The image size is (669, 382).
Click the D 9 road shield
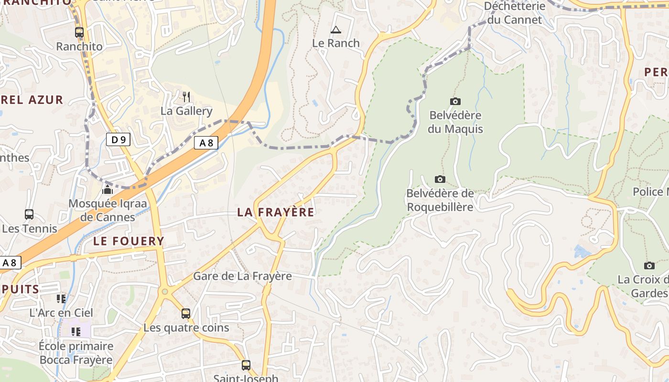(118, 139)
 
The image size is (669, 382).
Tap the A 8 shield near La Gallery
(206, 142)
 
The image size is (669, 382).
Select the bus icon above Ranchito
(79, 32)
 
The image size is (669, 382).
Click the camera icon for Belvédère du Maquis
(455, 101)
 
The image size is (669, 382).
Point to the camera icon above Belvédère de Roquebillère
(440, 179)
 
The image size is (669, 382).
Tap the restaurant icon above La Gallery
(186, 97)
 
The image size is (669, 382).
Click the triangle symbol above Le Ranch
(336, 30)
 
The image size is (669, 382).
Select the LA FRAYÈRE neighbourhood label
(276, 212)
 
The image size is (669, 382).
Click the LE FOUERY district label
(129, 241)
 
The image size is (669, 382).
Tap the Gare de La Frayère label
(242, 276)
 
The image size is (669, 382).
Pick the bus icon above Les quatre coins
(186, 314)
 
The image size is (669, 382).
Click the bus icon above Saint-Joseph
(246, 365)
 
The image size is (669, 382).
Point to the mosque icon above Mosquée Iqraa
(108, 191)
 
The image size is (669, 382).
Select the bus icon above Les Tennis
(29, 214)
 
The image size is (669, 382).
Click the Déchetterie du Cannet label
(514, 13)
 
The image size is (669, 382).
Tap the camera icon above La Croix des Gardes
(649, 265)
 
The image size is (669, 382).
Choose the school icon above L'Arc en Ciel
(61, 299)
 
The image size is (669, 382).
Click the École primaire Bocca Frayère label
(76, 353)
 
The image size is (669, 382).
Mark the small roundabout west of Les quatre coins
(165, 291)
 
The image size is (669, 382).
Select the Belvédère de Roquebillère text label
(440, 200)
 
